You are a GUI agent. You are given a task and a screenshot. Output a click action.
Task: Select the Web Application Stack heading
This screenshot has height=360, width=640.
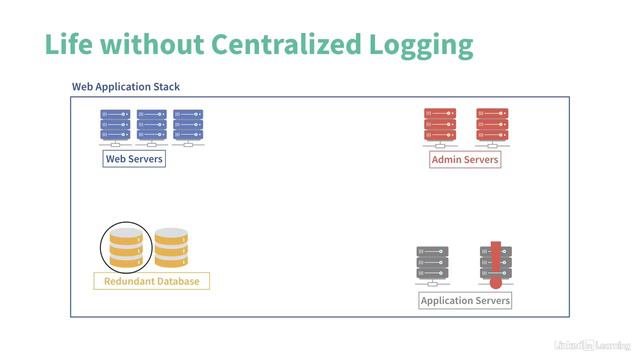tap(126, 87)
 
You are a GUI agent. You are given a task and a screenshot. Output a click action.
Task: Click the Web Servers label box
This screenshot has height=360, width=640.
tap(134, 159)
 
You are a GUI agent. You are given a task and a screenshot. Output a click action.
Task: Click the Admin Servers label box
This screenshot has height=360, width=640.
tap(465, 159)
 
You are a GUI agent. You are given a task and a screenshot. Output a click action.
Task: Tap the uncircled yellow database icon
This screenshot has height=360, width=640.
tap(171, 247)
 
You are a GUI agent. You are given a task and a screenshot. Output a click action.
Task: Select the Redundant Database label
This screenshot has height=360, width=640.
tap(152, 281)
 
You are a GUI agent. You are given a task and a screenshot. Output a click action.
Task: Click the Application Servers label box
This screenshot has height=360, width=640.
tap(465, 301)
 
